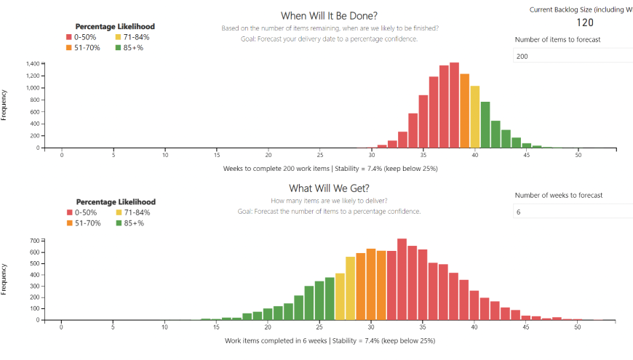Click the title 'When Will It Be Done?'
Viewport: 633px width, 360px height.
(x=329, y=15)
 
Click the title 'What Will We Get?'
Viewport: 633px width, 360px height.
(x=329, y=188)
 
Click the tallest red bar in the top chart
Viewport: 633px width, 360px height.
(x=454, y=105)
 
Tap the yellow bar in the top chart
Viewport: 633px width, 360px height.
(x=475, y=116)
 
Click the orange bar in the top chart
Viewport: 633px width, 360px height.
(x=465, y=111)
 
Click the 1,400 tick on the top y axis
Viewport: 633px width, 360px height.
(x=32, y=64)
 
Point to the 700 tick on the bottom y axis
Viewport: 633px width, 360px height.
(x=34, y=240)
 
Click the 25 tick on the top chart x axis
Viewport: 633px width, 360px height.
(x=320, y=155)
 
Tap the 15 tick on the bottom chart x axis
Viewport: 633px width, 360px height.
(x=216, y=327)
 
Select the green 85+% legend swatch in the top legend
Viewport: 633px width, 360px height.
(x=118, y=47)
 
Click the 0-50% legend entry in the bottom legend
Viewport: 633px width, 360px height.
(x=85, y=212)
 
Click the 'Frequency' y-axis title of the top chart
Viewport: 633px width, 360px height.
(x=5, y=104)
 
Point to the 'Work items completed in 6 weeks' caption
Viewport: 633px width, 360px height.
(x=276, y=340)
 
